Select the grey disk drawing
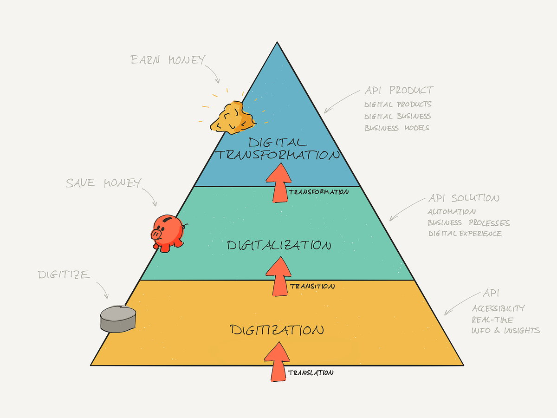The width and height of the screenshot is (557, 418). point(119,319)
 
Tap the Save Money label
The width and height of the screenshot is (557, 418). point(103,183)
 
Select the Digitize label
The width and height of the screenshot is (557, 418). point(64,274)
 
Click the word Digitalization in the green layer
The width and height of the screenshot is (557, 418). point(279,245)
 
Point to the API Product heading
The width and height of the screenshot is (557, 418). point(399,90)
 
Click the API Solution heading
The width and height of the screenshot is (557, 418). point(463,198)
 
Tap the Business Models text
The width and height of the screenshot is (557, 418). point(397,128)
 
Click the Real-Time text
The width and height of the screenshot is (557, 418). point(492,320)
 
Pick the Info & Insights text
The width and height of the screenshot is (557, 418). point(505,331)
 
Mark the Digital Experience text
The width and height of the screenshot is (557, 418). point(465,234)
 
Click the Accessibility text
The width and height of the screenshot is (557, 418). point(498,308)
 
